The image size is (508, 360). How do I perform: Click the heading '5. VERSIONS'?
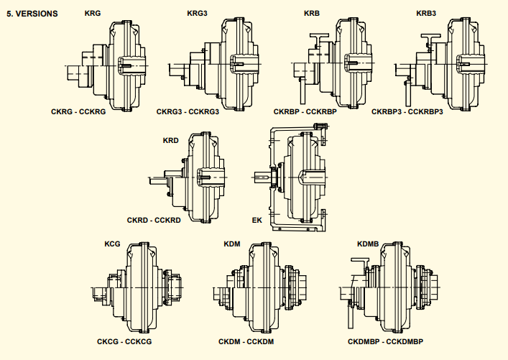[32, 14]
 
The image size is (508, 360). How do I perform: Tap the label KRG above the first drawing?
[93, 14]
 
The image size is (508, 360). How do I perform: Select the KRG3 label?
[198, 14]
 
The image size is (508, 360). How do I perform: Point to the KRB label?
[312, 14]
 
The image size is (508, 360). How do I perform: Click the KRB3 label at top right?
[428, 14]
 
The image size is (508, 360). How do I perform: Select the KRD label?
[171, 140]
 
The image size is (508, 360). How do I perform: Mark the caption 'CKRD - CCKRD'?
[154, 219]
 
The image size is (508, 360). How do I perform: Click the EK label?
[257, 219]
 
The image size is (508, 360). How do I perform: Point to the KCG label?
[112, 244]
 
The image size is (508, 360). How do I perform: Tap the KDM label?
[232, 244]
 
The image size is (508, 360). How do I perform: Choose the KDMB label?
[368, 244]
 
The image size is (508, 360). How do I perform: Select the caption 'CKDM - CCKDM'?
[246, 341]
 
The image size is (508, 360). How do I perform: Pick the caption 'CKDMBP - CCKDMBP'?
[385, 341]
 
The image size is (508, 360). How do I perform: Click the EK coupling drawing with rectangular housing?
[298, 176]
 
